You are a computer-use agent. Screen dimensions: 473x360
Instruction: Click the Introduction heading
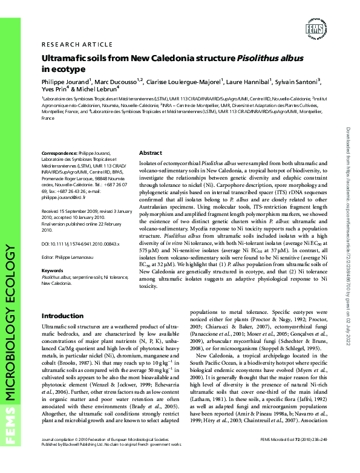62,316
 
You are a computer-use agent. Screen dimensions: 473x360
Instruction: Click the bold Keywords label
53,270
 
